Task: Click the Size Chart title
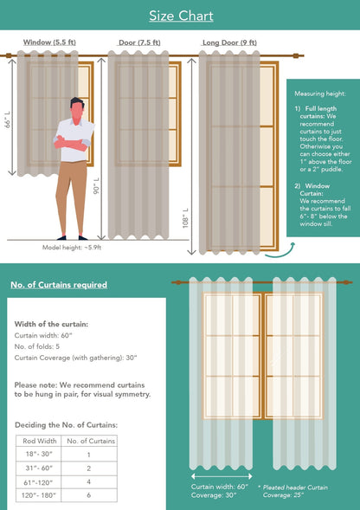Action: (x=180, y=16)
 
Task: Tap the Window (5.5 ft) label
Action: (x=48, y=42)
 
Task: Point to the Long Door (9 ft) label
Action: (x=228, y=42)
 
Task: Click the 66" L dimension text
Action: (x=7, y=118)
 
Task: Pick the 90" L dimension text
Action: (x=97, y=186)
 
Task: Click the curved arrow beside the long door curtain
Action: (x=280, y=251)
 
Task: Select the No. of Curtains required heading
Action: (x=59, y=285)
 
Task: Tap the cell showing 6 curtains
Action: (x=88, y=495)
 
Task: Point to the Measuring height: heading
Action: (x=320, y=93)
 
